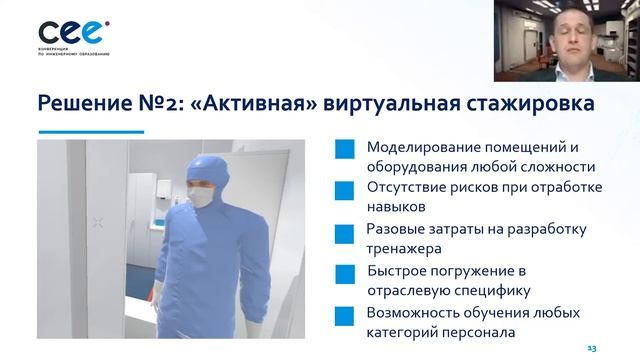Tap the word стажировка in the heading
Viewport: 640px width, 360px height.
click(517, 103)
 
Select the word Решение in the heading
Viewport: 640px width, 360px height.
click(86, 103)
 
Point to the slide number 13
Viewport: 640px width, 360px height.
click(591, 347)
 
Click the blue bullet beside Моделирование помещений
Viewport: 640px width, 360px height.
click(345, 147)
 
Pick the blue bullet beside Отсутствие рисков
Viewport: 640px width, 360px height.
click(345, 189)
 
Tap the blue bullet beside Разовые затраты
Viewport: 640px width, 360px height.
click(345, 231)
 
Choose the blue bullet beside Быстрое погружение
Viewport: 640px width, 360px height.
click(345, 273)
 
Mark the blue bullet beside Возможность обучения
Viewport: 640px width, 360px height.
click(345, 315)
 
